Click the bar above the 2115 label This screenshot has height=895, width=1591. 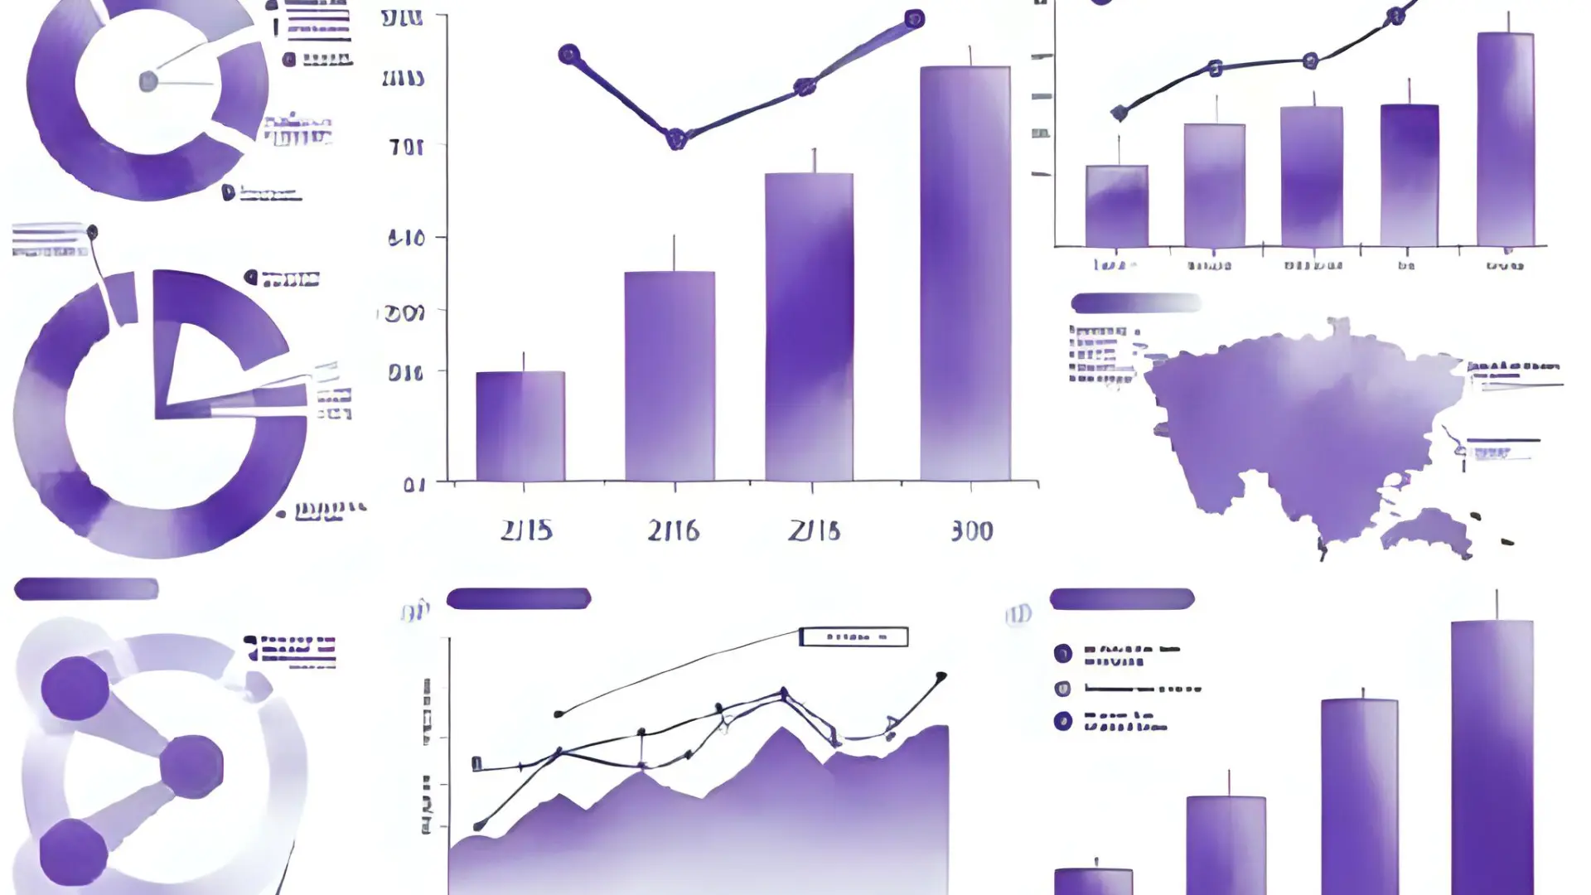coord(520,426)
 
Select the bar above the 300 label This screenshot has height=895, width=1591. coord(965,273)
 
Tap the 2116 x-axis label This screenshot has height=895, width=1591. coord(673,530)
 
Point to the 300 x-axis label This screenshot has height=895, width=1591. coord(971,530)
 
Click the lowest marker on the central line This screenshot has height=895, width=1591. coord(676,138)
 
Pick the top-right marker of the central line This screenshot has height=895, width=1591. coord(914,19)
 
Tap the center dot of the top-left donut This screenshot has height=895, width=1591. coord(148,81)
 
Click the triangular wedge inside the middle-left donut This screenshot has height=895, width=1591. coord(186,365)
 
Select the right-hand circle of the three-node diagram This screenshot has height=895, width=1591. coord(191,767)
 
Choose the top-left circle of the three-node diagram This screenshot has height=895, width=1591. coord(75,688)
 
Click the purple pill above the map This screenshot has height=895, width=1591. coord(1135,303)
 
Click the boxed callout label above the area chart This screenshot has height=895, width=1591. coord(854,636)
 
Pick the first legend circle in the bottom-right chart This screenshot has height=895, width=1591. coord(1062,653)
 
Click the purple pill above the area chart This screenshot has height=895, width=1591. coord(519,598)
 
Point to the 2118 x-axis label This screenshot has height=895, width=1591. coord(814,530)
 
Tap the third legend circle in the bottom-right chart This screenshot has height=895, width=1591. coord(1062,720)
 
